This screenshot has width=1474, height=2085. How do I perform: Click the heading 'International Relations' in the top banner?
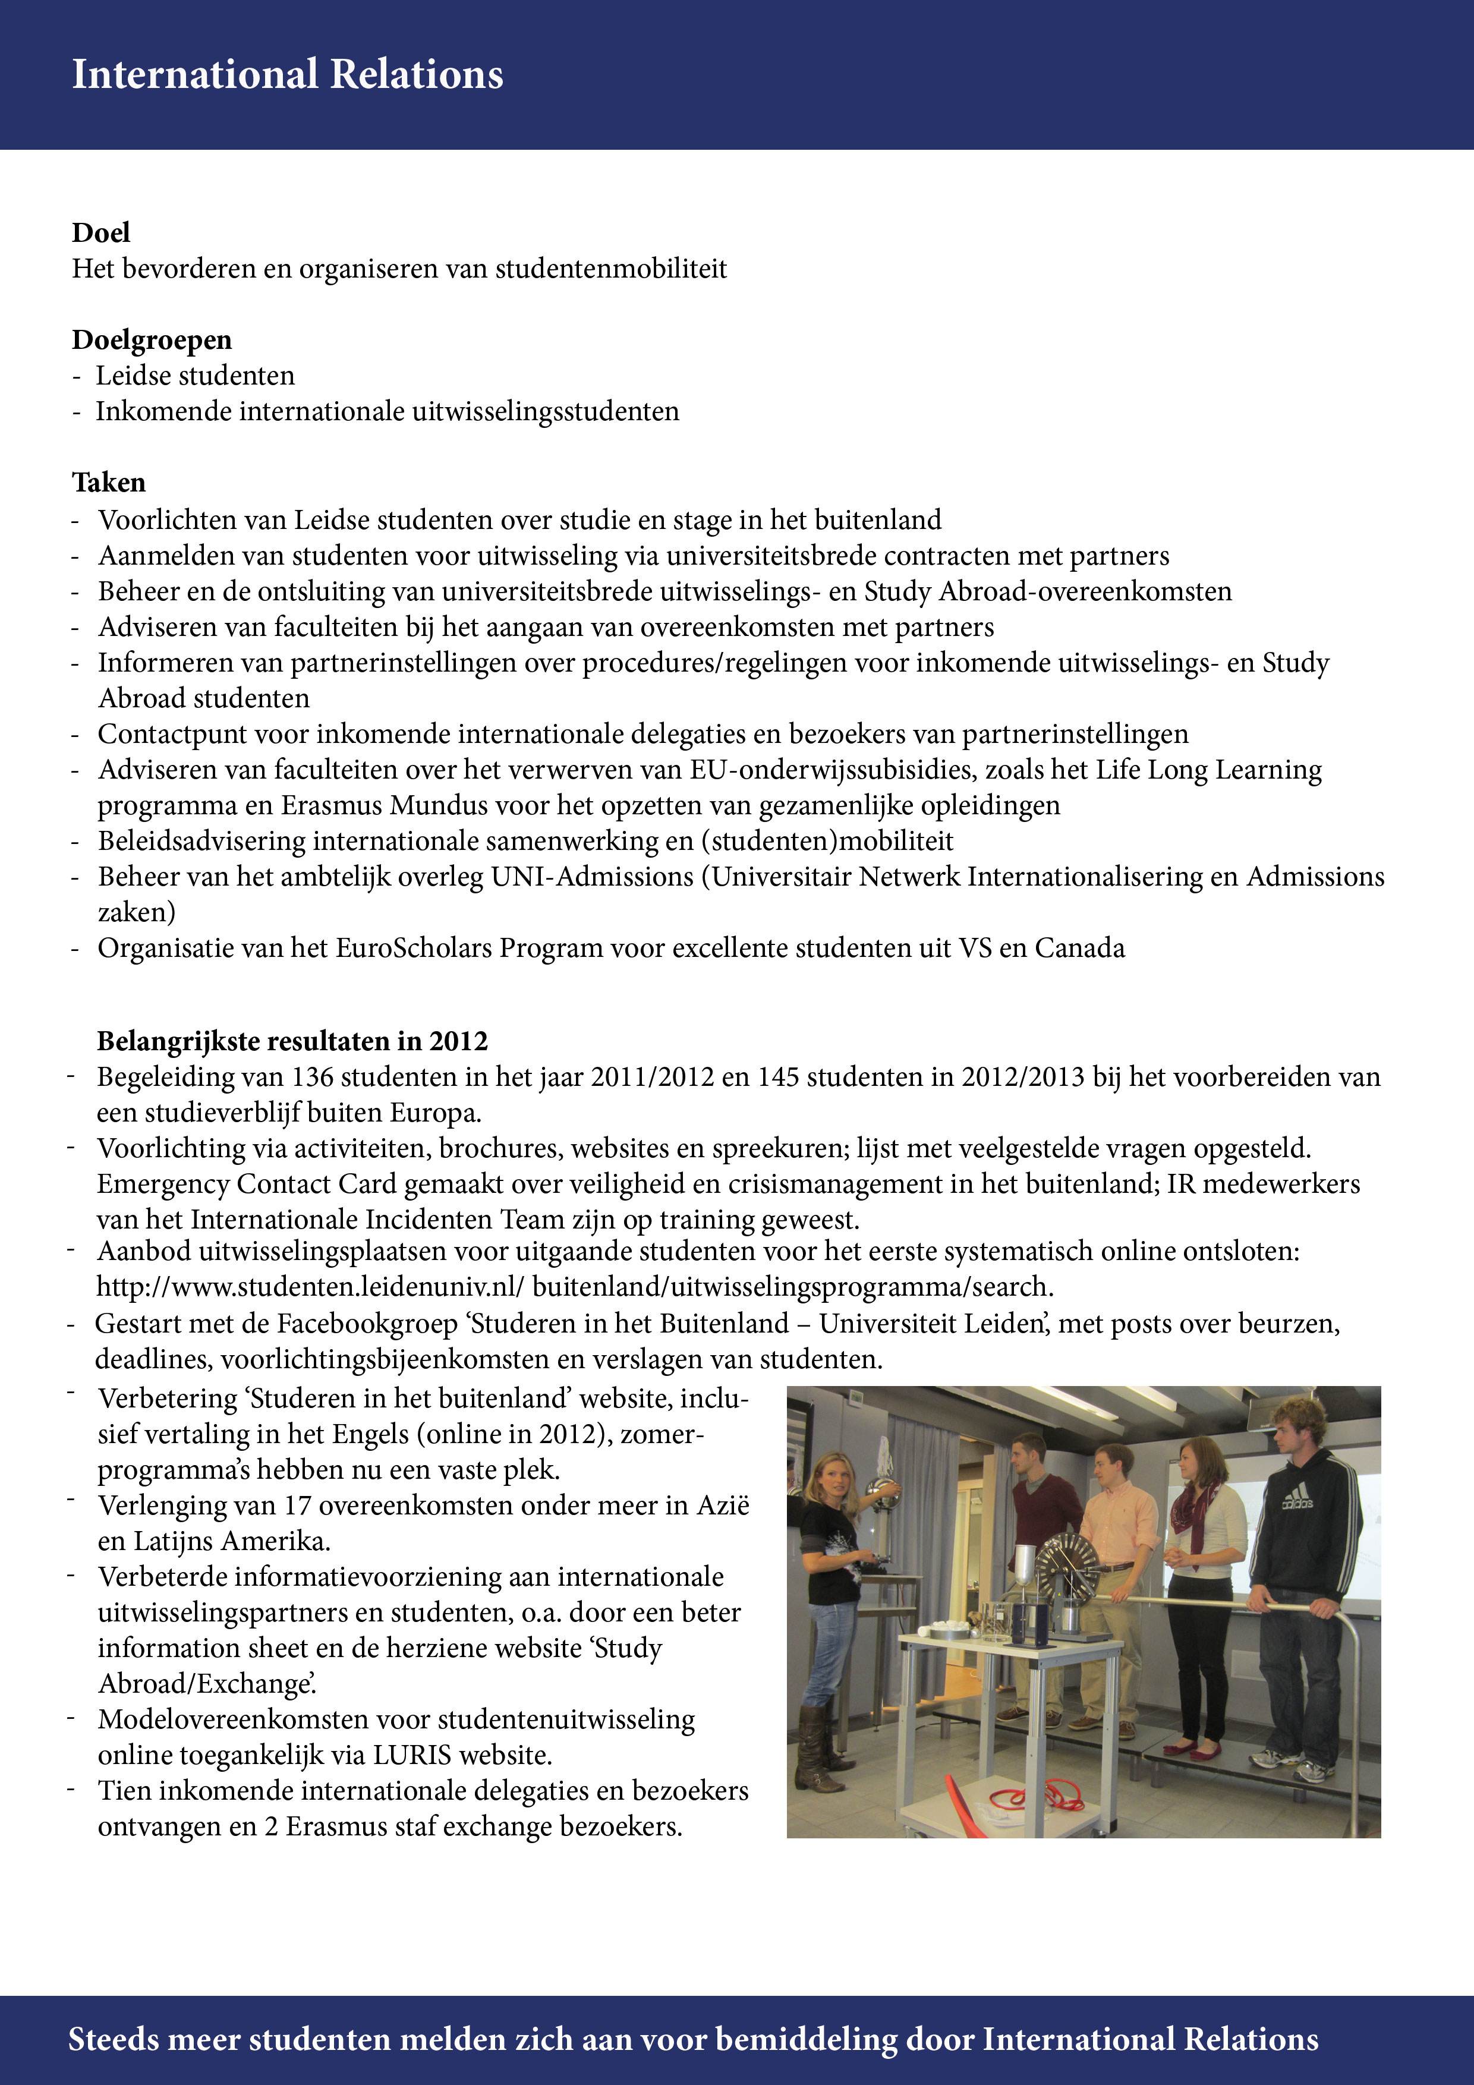(287, 74)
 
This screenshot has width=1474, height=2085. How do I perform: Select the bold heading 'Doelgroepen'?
(152, 339)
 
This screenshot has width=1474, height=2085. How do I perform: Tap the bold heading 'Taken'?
(109, 482)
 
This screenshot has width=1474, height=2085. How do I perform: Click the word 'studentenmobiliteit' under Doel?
(610, 269)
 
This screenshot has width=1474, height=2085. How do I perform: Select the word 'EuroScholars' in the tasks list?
(414, 948)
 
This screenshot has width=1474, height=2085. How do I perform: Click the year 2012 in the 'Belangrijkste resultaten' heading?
(459, 1041)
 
